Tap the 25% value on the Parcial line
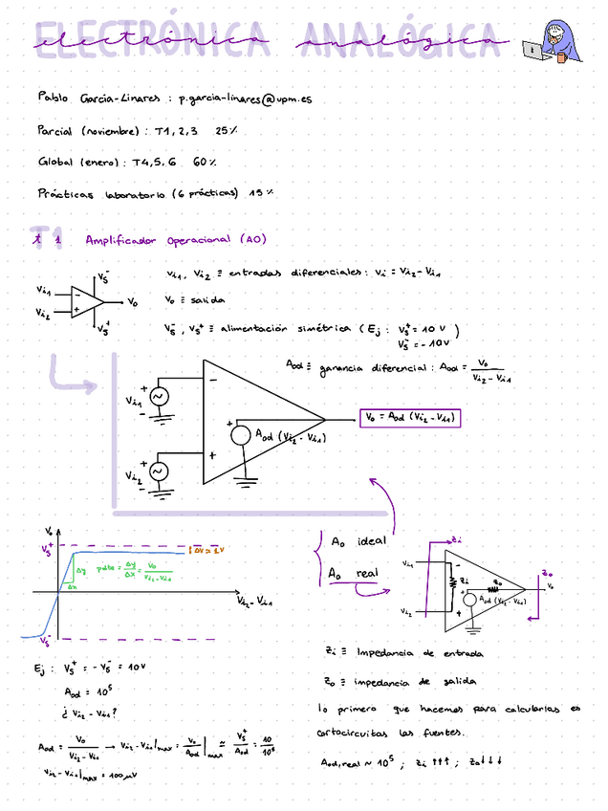point(227,130)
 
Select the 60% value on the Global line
point(205,162)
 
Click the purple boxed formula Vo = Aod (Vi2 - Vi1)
point(409,418)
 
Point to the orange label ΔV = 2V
point(207,551)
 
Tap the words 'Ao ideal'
point(358,542)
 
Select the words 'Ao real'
point(354,574)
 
